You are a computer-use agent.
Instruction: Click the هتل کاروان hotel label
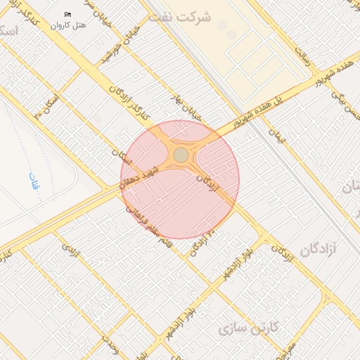point(69,25)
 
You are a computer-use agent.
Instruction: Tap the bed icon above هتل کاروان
point(68,14)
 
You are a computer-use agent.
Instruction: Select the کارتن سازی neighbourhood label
point(249,328)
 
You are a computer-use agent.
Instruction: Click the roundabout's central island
point(181,154)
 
